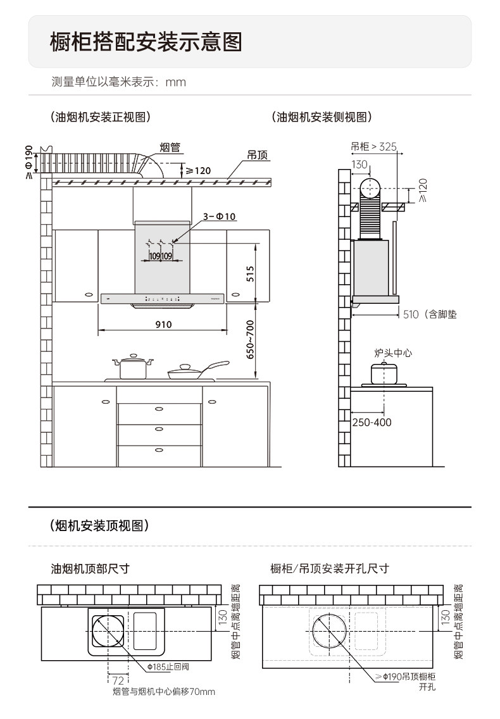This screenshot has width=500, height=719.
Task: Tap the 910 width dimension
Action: pyautogui.click(x=163, y=325)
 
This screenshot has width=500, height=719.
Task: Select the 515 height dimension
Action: pyautogui.click(x=250, y=273)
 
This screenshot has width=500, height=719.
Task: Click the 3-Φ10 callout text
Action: pyautogui.click(x=219, y=216)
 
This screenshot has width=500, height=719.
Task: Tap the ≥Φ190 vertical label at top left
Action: pyautogui.click(x=28, y=162)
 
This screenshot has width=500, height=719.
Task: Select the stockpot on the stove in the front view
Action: pyautogui.click(x=133, y=367)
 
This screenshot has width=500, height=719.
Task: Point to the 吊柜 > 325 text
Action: pyautogui.click(x=373, y=146)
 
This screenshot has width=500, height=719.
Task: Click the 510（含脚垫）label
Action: pyautogui.click(x=429, y=314)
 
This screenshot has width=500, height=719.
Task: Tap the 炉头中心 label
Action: pyautogui.click(x=392, y=353)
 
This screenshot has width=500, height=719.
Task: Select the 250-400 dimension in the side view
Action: pyautogui.click(x=372, y=422)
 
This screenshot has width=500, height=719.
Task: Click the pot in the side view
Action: pyautogui.click(x=384, y=373)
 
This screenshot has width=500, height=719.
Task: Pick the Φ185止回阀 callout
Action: pyautogui.click(x=168, y=666)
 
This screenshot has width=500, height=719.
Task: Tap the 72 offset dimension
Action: pyautogui.click(x=118, y=680)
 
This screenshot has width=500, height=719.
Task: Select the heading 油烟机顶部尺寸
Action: pyautogui.click(x=90, y=568)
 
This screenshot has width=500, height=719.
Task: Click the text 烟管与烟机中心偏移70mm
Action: pyautogui.click(x=164, y=692)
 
